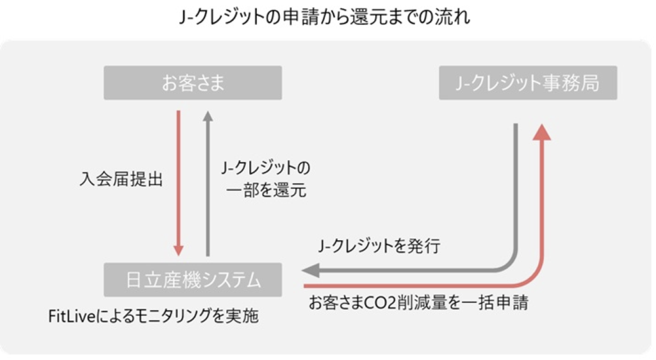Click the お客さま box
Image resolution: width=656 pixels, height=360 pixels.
[x=192, y=83]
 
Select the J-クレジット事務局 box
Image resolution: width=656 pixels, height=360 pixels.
[x=528, y=83]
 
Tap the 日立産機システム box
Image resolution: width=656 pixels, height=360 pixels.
[x=192, y=280]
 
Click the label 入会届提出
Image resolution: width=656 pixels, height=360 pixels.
[x=121, y=179]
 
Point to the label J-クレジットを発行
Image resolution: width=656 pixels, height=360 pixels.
[x=379, y=246]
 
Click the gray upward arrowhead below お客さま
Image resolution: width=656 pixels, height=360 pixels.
[x=206, y=116]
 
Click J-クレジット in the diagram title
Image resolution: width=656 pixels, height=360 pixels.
[x=223, y=17]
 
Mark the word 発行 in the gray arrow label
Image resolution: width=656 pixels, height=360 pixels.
[x=425, y=246]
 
